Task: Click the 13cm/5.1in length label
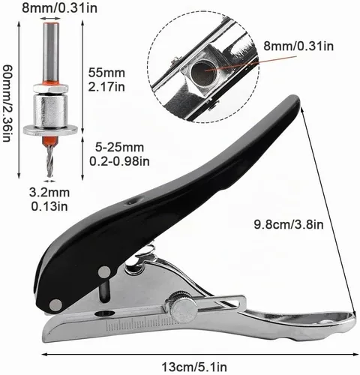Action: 194,367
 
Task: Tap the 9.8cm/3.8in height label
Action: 289,224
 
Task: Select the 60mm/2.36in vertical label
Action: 7,103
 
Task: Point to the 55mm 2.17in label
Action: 106,79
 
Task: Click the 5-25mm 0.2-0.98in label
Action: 119,154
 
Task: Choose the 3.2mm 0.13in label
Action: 49,199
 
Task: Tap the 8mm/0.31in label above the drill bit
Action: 59,7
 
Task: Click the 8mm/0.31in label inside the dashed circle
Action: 298,46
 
